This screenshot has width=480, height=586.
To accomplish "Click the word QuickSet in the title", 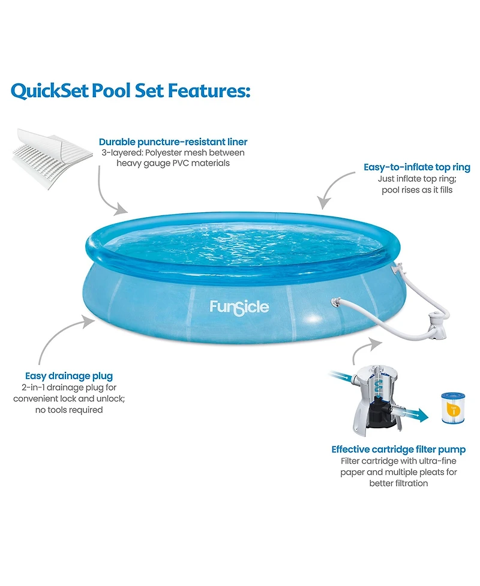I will point(50,92).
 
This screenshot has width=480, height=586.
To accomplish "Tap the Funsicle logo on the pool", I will point(239,308).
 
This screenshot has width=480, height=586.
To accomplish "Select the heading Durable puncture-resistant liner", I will point(173,142).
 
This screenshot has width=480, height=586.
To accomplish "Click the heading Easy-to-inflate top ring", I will point(416,167).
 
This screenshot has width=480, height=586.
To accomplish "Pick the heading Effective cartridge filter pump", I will point(398,449).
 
